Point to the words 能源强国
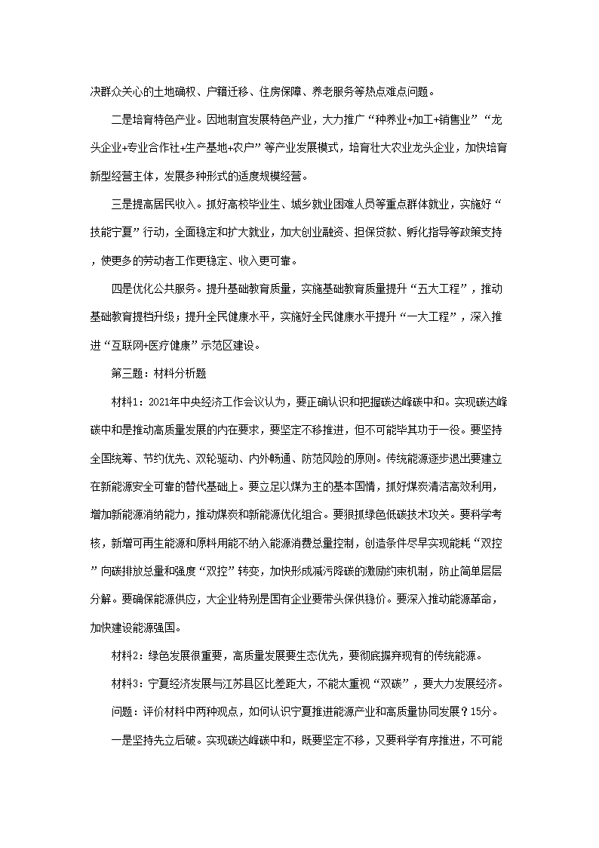[x=160, y=627]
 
